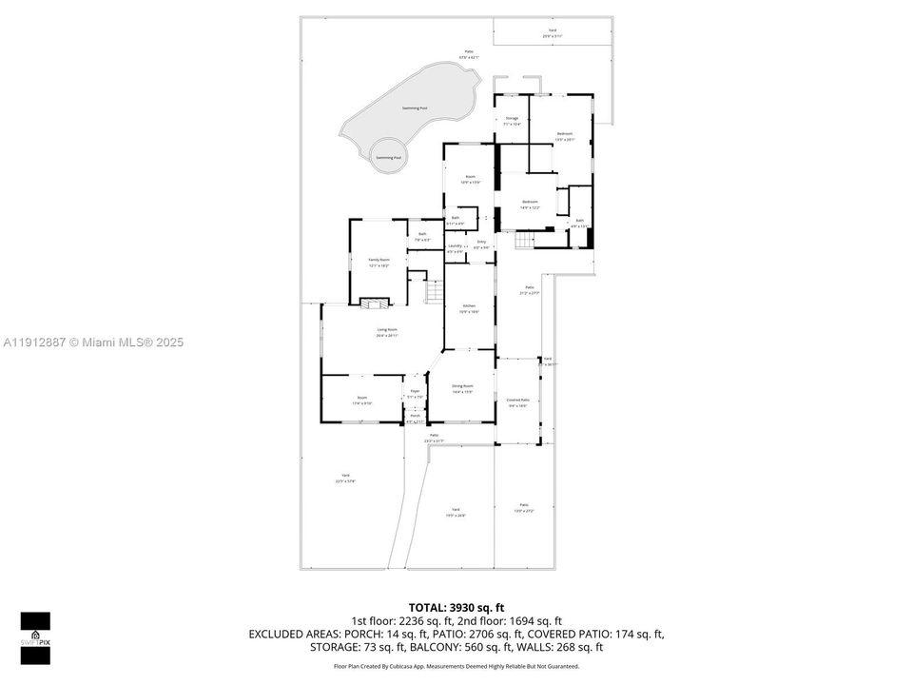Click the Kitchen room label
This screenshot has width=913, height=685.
click(x=469, y=306)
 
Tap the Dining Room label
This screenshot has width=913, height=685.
click(x=462, y=386)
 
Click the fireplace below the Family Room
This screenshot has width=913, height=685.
click(x=374, y=303)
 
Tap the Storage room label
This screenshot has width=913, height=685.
click(x=512, y=119)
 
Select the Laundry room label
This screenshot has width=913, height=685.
click(x=456, y=246)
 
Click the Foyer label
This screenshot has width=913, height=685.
click(x=415, y=392)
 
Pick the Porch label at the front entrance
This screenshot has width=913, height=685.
click(x=415, y=416)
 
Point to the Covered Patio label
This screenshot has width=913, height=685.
click(x=517, y=401)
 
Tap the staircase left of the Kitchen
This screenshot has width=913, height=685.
click(x=434, y=292)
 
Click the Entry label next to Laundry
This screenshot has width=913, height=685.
click(x=481, y=244)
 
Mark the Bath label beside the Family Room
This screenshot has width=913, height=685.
click(x=422, y=235)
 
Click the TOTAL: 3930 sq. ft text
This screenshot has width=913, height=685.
click(x=456, y=607)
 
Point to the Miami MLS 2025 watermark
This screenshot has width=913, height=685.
click(x=93, y=342)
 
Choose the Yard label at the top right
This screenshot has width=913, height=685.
click(x=552, y=32)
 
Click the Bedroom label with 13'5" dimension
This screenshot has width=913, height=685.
click(x=565, y=134)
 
